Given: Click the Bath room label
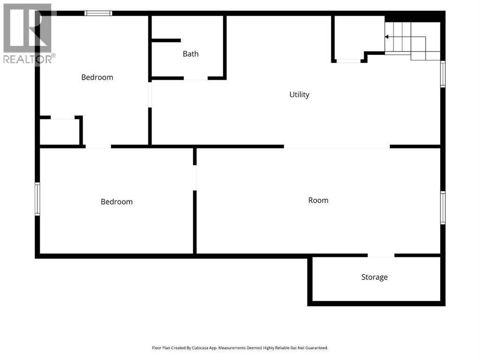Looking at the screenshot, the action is [190, 54].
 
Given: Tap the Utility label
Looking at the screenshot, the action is [299, 95].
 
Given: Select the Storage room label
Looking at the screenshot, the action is [374, 277].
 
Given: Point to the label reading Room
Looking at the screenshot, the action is [318, 200].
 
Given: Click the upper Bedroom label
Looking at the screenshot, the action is [97, 77].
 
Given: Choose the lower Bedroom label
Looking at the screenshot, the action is [117, 202].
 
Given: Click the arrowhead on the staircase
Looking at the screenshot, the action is [387, 37].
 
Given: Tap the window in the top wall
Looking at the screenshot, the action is [98, 13].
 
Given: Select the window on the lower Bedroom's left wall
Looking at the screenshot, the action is [38, 199].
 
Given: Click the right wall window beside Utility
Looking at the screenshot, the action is [442, 74].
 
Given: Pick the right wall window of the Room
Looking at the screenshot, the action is [442, 208].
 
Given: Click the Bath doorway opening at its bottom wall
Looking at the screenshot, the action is [196, 78].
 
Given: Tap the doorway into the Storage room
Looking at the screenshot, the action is [381, 255].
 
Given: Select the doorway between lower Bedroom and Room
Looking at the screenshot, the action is [195, 178].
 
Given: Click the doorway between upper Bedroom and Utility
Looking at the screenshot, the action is [150, 95].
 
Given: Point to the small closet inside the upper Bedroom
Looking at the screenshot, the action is [60, 132].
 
